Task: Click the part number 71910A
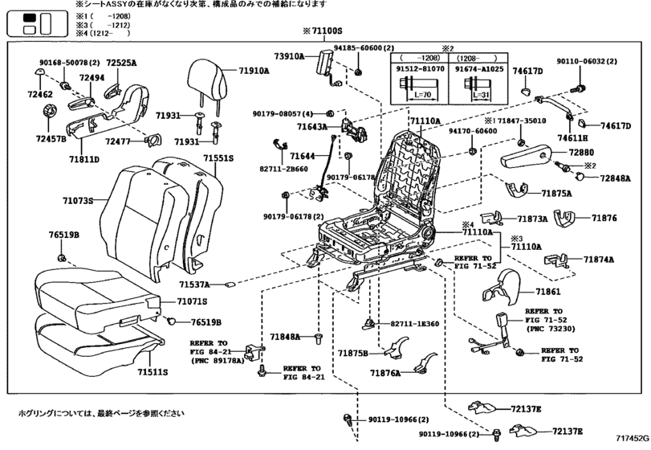tap(254, 71)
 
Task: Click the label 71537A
tap(195, 284)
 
